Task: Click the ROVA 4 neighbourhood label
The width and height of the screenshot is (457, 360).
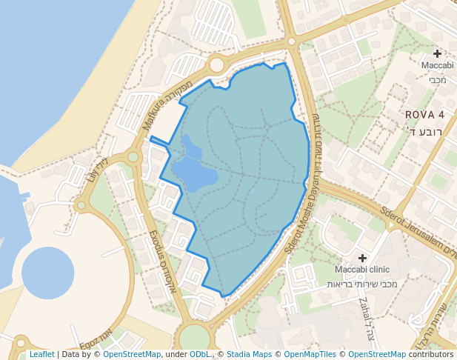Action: pyautogui.click(x=424, y=115)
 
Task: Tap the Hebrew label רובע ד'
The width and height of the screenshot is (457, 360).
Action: pyautogui.click(x=424, y=132)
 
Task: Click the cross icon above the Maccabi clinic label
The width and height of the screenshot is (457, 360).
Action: pyautogui.click(x=362, y=258)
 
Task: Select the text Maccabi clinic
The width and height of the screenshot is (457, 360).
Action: pyautogui.click(x=362, y=270)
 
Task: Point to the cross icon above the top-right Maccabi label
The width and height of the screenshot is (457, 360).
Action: pyautogui.click(x=437, y=53)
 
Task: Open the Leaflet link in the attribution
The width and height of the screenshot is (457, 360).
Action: pyautogui.click(x=41, y=355)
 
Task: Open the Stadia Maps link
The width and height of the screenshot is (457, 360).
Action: pyautogui.click(x=249, y=355)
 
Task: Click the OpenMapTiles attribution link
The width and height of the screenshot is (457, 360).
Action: pyautogui.click(x=310, y=355)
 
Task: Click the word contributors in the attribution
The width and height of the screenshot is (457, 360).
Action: pyautogui.click(x=431, y=355)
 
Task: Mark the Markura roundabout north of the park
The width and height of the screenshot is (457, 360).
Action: pyautogui.click(x=216, y=65)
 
